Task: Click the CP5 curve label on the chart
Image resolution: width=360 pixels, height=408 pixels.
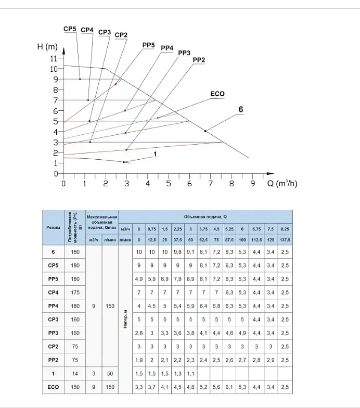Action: pos(70,29)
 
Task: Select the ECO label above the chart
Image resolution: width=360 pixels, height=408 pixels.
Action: pos(217,94)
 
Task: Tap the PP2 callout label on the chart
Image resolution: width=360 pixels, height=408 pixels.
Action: pos(199,60)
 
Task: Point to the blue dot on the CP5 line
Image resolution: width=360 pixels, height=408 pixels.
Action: pos(80,79)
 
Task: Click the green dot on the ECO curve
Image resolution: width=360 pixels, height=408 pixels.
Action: pos(158,118)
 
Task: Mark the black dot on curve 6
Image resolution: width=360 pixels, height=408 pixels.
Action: pos(205,131)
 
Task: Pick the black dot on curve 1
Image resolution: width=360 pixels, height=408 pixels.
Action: pos(124,162)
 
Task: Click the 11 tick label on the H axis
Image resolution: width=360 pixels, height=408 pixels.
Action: pos(54,58)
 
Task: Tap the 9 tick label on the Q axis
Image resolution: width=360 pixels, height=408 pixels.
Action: pos(253,183)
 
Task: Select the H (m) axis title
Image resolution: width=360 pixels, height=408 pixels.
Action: pos(47,47)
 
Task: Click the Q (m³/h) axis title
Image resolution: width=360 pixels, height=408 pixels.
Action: pos(282,183)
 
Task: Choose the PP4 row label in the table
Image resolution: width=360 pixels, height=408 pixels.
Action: pos(53,306)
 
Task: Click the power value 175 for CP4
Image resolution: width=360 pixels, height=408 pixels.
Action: pos(75,292)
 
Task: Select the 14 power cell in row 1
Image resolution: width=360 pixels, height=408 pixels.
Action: pos(75,374)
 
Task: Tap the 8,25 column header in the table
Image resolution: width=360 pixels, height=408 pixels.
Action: pos(285,229)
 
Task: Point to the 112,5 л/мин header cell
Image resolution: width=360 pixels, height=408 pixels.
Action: pos(256,240)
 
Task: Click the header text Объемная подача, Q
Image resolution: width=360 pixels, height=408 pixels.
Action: pos(205,216)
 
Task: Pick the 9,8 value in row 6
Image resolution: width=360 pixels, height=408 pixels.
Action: pos(178,252)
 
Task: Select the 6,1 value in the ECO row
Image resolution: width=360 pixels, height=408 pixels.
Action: pos(229,387)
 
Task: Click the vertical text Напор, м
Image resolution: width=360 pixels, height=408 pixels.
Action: pos(125,319)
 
